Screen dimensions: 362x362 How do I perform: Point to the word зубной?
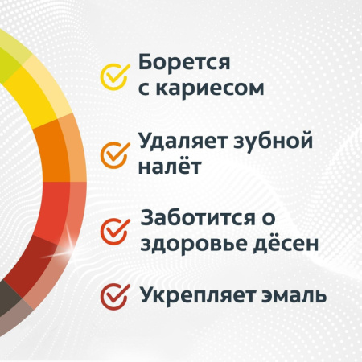coord(270,143)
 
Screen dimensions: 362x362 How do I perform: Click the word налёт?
coord(168,168)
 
